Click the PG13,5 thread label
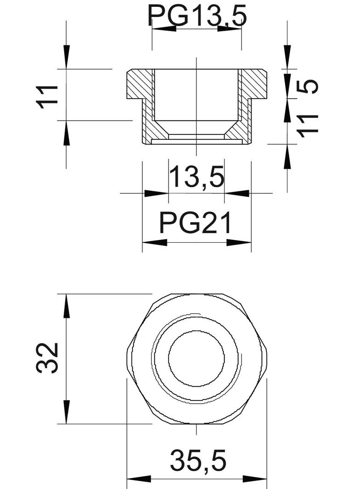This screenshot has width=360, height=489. click(x=197, y=17)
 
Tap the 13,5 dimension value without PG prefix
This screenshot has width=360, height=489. click(x=197, y=178)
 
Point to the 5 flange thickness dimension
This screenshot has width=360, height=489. click(x=308, y=86)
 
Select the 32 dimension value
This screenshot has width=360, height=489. click(x=48, y=358)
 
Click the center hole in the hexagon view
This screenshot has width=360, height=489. click(x=196, y=358)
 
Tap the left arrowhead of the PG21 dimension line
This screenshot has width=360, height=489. click(x=154, y=242)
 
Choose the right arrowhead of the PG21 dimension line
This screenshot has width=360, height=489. click(x=239, y=242)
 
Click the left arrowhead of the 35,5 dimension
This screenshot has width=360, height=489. click(x=138, y=479)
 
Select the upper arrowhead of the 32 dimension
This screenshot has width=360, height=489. click(x=67, y=306)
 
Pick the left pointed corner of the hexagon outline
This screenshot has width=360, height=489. click(x=127, y=358)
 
